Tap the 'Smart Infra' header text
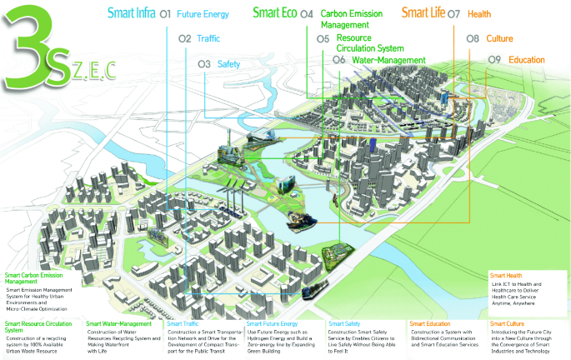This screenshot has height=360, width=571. (131, 13)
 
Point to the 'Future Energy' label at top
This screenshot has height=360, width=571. (203, 14)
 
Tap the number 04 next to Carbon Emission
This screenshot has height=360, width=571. (307, 14)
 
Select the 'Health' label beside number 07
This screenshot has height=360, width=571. (479, 14)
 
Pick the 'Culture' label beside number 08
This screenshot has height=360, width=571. (499, 38)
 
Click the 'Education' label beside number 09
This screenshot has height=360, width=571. (526, 60)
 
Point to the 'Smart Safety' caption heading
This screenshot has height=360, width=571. (344, 323)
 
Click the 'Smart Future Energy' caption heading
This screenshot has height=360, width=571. (273, 323)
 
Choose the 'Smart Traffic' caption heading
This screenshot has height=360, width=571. (183, 323)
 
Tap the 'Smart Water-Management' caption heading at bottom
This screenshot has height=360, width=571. (119, 323)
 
